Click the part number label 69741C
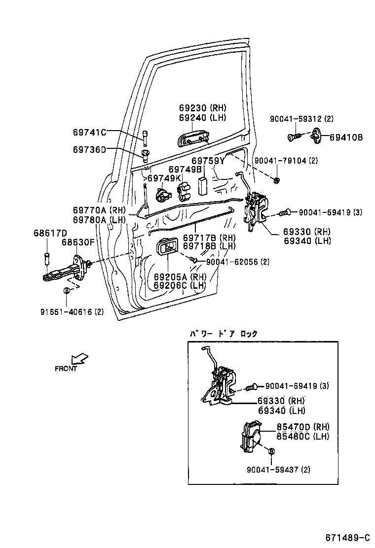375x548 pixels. tap(89, 132)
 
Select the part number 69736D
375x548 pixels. tap(89, 149)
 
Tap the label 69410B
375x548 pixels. tap(346, 137)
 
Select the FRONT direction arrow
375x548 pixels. tap(78, 358)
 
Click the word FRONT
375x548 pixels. tap(66, 369)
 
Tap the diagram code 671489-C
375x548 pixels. tap(347, 537)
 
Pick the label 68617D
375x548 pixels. tap(50, 233)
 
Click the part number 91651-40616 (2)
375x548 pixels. tap(72, 311)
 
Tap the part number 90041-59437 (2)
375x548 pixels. tap(278, 470)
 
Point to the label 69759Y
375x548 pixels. tap(208, 161)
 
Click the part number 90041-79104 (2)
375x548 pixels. tap(286, 161)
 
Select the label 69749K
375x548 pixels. tap(164, 178)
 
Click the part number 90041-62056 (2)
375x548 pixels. tap(238, 262)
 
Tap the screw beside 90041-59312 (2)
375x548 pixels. tap(294, 137)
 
